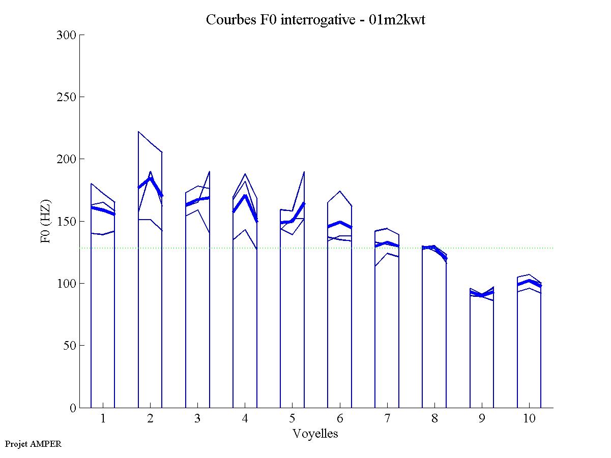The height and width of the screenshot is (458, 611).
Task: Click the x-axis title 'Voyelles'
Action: tap(315, 434)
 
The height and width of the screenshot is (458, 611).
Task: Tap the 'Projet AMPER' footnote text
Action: tap(33, 444)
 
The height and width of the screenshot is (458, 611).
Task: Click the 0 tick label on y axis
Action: tap(72, 408)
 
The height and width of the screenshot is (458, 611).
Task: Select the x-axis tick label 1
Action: tap(103, 419)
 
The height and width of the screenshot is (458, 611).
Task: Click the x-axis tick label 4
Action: tap(245, 419)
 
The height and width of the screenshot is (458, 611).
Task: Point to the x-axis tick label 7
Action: tap(387, 419)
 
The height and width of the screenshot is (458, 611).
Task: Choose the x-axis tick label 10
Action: tap(529, 419)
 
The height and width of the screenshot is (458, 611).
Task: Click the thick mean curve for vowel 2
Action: tap(150, 178)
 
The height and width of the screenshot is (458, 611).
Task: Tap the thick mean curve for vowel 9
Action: tap(482, 295)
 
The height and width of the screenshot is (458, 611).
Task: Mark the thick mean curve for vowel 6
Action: tap(340, 223)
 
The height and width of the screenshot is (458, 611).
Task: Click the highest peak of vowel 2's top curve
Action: tap(139, 132)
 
